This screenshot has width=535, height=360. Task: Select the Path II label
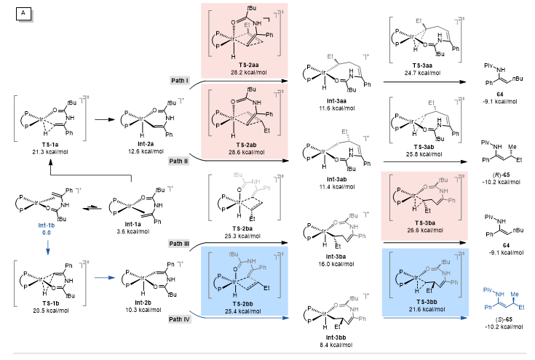(181, 160)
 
